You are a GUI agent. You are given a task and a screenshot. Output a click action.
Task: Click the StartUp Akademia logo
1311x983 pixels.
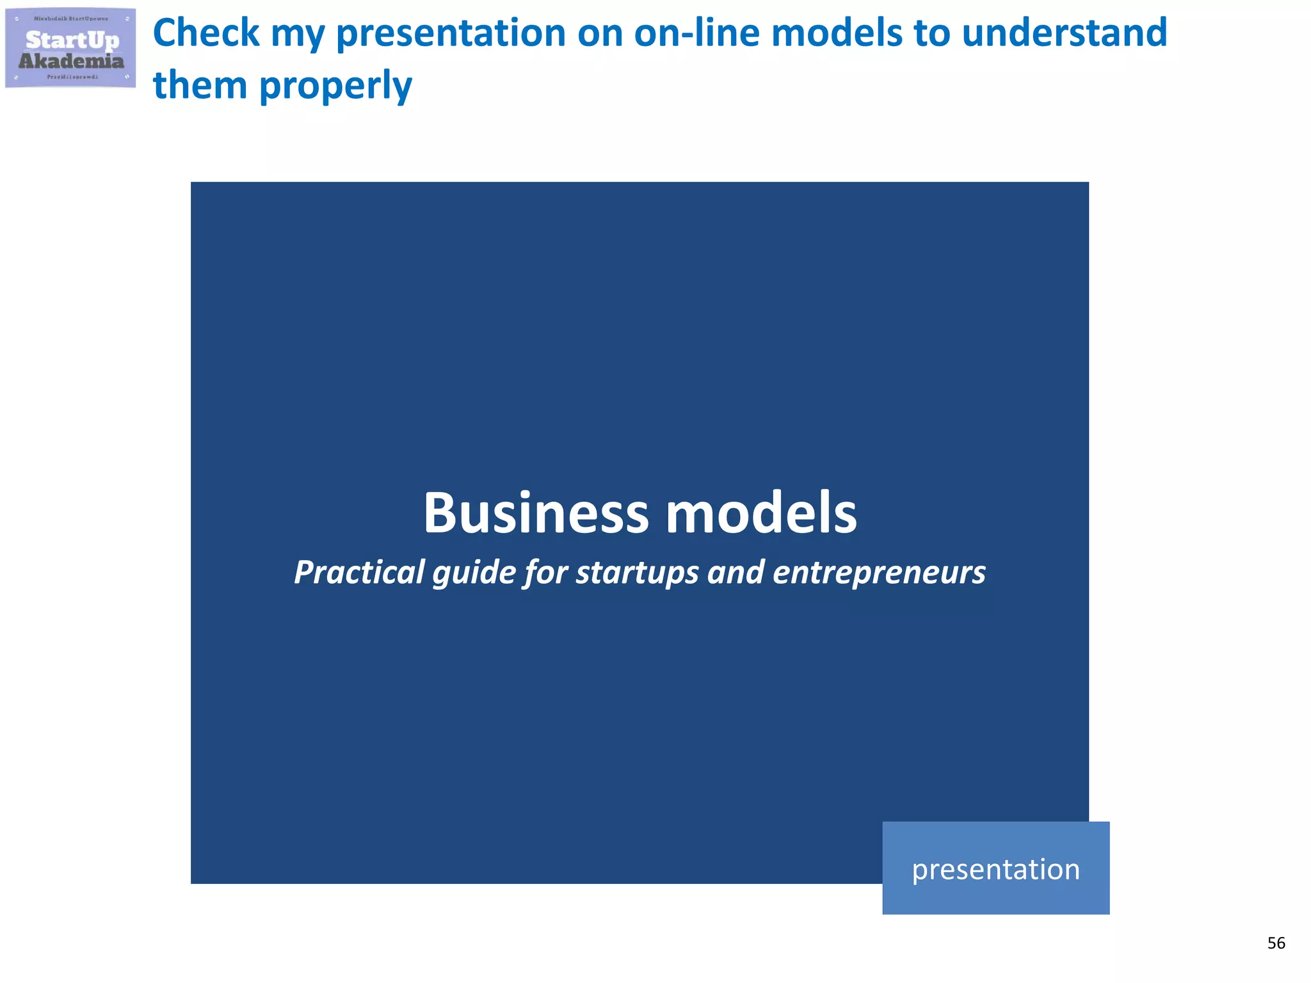(70, 48)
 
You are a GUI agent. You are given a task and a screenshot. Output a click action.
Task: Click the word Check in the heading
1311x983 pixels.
(206, 33)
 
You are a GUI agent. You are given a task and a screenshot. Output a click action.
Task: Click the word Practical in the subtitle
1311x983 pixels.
(359, 571)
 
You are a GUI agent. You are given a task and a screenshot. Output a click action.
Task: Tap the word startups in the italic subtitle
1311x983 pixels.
(637, 571)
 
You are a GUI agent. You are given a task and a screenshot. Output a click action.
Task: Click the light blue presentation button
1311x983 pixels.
(995, 868)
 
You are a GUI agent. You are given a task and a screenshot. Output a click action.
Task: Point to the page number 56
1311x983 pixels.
(1276, 943)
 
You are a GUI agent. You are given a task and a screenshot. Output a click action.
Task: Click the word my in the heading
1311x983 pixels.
(298, 33)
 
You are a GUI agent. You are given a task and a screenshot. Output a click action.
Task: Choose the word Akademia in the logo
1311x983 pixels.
(71, 61)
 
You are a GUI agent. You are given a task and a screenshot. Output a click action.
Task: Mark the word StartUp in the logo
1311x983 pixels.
(72, 40)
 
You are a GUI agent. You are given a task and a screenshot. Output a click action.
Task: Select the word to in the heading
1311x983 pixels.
(932, 33)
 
